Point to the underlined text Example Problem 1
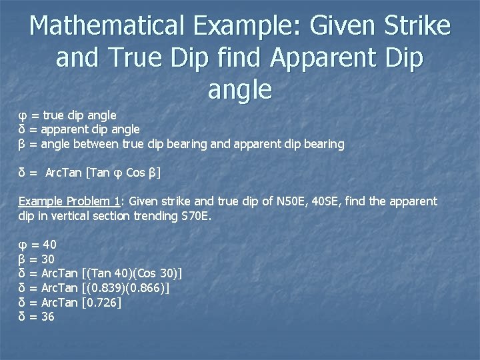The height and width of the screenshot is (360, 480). click(x=69, y=201)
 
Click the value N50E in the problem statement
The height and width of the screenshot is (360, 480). click(x=297, y=201)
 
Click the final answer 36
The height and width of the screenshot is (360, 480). click(x=48, y=317)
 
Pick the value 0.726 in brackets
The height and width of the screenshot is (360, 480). click(x=102, y=302)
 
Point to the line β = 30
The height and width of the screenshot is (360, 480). click(x=37, y=259)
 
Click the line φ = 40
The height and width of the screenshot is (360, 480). click(x=37, y=244)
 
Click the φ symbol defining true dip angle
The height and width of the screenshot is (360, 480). click(x=22, y=115)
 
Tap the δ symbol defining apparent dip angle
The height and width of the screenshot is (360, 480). click(x=22, y=129)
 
